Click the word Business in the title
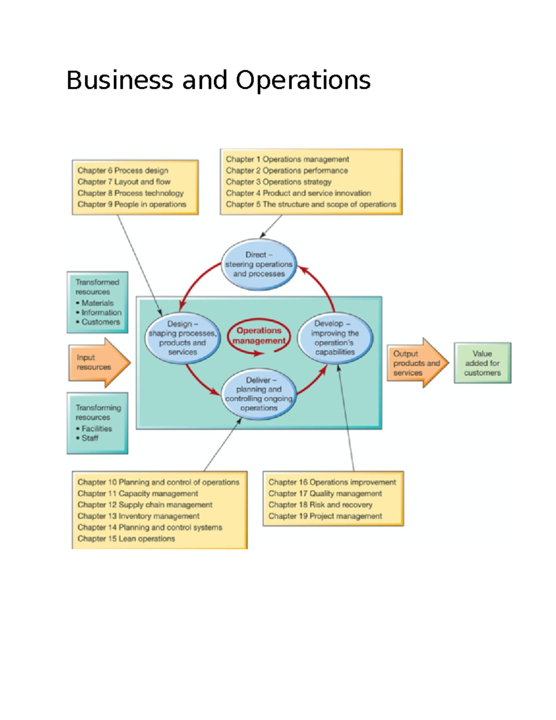click(x=120, y=80)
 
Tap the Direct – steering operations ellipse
click(x=259, y=264)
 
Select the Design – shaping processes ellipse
click(x=183, y=338)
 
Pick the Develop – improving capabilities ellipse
click(x=335, y=338)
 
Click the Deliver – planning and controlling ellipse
click(x=259, y=394)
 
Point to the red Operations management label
click(x=259, y=336)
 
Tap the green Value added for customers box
click(x=482, y=363)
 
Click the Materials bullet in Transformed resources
click(x=97, y=303)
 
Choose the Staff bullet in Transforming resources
click(x=89, y=438)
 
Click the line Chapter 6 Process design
click(x=123, y=171)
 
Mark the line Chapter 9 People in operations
click(x=132, y=204)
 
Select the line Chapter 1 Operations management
click(x=287, y=159)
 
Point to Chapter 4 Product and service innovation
click(x=298, y=193)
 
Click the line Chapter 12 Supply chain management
click(x=145, y=505)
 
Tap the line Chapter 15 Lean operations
click(x=126, y=539)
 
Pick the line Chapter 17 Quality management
click(x=325, y=494)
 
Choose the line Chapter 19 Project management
click(x=325, y=516)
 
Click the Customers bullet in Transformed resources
click(x=100, y=322)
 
